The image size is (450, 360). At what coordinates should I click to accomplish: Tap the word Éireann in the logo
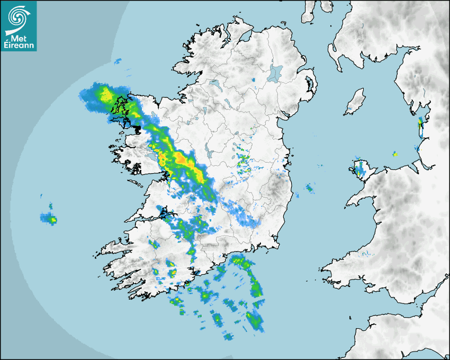click(19, 46)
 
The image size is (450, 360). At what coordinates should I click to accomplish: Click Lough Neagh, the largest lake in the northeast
click(275, 73)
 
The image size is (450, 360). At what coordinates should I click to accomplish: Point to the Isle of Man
click(356, 101)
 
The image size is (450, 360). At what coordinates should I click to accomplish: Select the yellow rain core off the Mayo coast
click(106, 95)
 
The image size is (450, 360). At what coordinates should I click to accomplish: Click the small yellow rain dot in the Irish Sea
click(394, 154)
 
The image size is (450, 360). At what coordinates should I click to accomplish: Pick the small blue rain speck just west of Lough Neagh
click(253, 80)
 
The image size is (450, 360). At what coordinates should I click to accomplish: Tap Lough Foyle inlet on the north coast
click(246, 38)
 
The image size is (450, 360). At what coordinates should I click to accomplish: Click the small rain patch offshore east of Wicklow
click(309, 187)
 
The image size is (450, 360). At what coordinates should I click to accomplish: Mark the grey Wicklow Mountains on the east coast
click(275, 185)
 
